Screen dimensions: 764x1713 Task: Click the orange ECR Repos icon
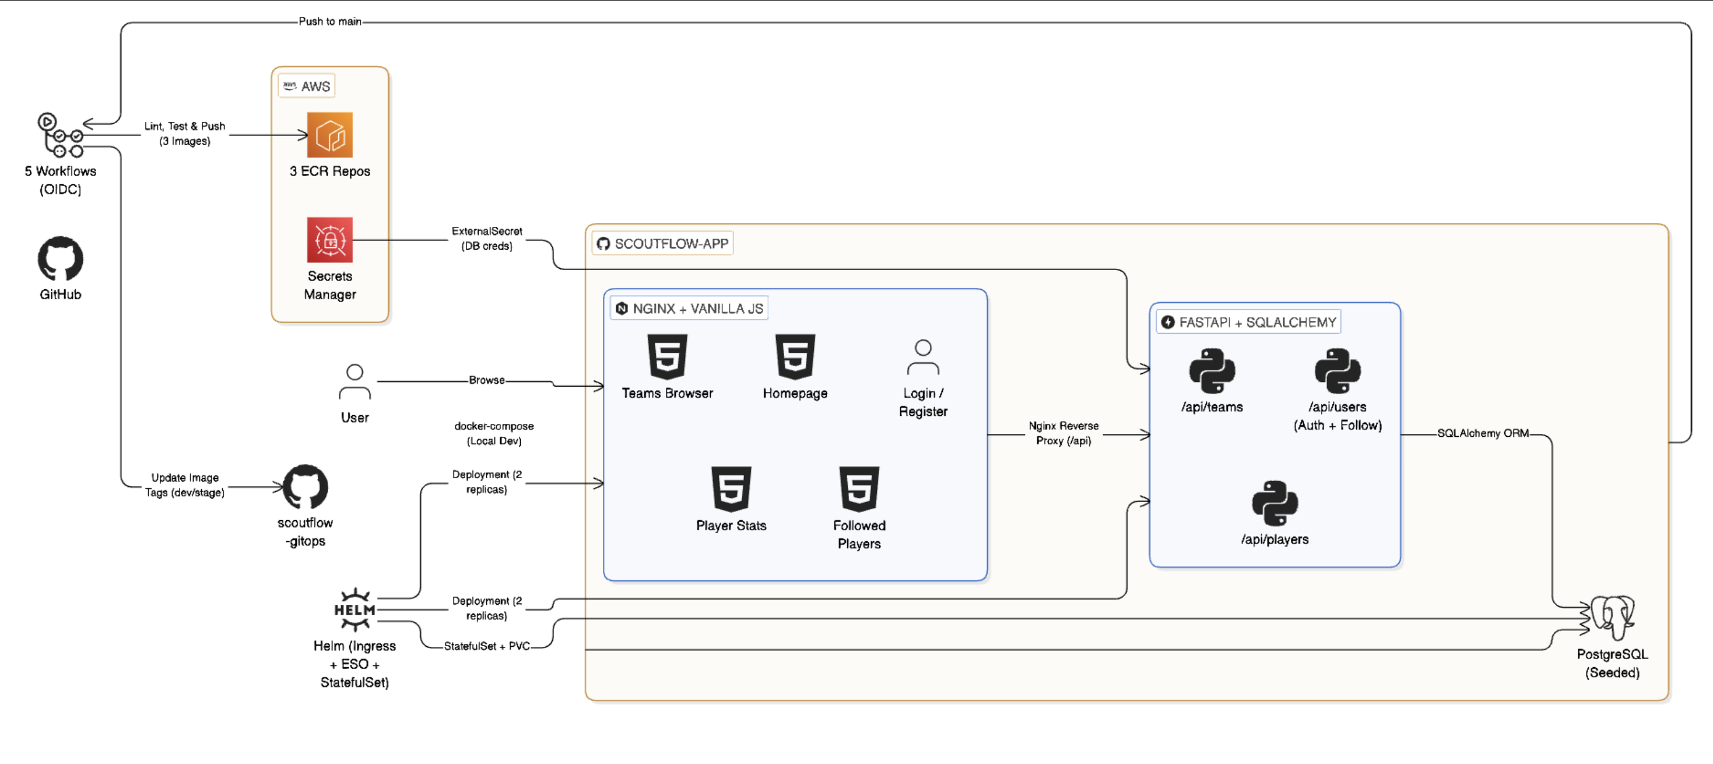330,135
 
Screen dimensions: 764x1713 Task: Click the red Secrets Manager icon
330,240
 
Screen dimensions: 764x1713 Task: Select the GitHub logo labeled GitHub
61,259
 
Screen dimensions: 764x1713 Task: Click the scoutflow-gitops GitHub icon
306,487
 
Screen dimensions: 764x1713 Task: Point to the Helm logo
354,609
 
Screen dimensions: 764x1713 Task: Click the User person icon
354,381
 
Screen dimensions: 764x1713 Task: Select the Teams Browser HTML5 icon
667,356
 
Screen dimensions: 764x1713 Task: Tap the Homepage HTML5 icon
795,356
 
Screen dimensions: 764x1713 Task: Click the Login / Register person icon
923,358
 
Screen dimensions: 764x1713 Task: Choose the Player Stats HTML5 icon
731,489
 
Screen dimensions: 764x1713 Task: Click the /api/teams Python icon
1212,371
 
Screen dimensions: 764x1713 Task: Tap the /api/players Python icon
1274,503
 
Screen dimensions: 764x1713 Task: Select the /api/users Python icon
1338,371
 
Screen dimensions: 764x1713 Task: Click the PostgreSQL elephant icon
1612,617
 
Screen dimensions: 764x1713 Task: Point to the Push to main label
330,21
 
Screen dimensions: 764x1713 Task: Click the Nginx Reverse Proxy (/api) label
1063,433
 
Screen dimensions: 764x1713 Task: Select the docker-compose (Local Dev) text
493,433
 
